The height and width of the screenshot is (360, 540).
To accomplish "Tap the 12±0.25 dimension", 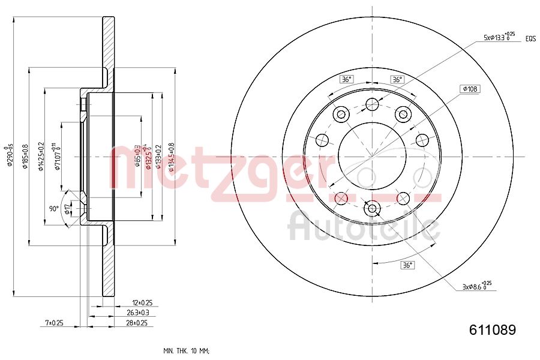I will point(142,303).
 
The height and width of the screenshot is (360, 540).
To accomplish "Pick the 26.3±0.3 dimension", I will point(137,313).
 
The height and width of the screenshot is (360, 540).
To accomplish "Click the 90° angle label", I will point(54,209).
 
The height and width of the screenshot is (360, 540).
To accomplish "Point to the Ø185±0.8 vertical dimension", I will point(25,156).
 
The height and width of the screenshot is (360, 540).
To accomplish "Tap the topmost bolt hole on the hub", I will point(372,104).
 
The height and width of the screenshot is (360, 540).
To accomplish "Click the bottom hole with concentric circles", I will point(373,209).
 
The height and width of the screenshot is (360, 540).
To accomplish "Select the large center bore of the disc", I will point(373,157).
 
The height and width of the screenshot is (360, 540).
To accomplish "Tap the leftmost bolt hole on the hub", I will point(322,140).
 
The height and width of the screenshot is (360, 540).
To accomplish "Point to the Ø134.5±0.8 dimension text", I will point(171,156).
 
